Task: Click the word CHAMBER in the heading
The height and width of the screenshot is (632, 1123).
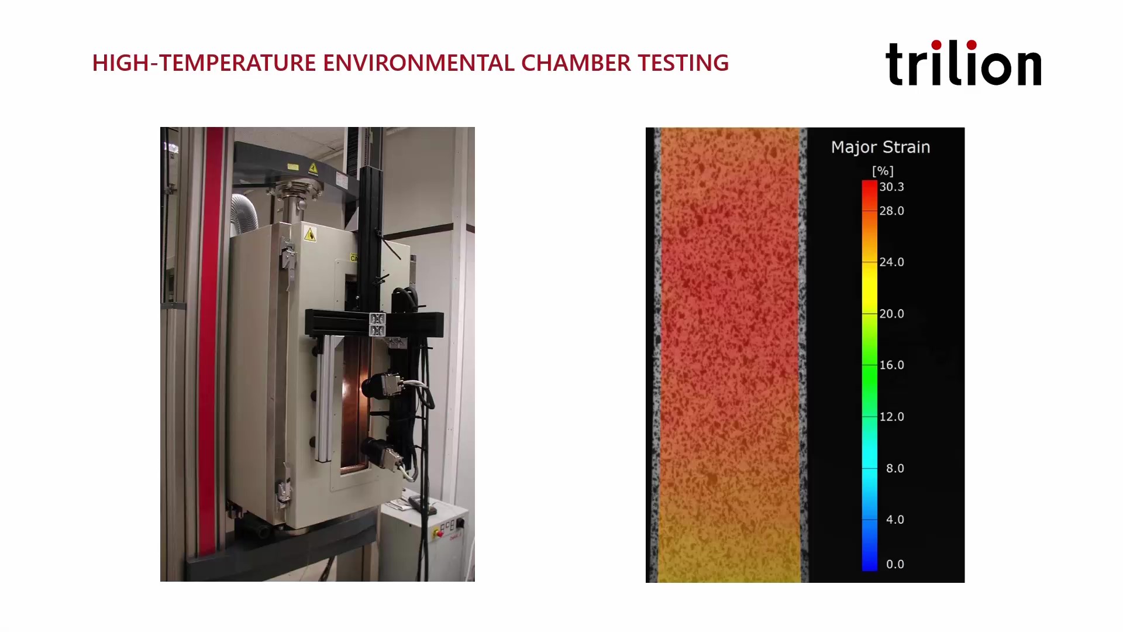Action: [x=576, y=63]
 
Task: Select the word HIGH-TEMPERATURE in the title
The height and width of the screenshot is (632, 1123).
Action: [x=204, y=63]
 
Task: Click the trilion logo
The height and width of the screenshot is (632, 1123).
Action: [x=963, y=63]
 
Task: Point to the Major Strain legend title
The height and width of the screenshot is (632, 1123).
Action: [x=880, y=147]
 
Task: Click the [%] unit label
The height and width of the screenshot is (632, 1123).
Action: [x=883, y=171]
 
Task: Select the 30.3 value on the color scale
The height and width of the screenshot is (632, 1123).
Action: [x=891, y=187]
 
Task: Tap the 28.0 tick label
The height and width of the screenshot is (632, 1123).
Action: [x=891, y=211]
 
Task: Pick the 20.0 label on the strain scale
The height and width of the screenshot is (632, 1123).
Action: [x=891, y=314]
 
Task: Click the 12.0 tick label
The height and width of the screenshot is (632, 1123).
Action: [x=891, y=417]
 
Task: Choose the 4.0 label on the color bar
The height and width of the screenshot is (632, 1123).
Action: [x=895, y=520]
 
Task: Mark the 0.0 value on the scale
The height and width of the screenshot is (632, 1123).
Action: [x=895, y=564]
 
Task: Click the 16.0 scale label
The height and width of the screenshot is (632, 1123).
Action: [x=891, y=365]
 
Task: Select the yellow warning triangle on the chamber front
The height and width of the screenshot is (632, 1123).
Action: [x=309, y=235]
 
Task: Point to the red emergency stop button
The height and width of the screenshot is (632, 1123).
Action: [x=438, y=533]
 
